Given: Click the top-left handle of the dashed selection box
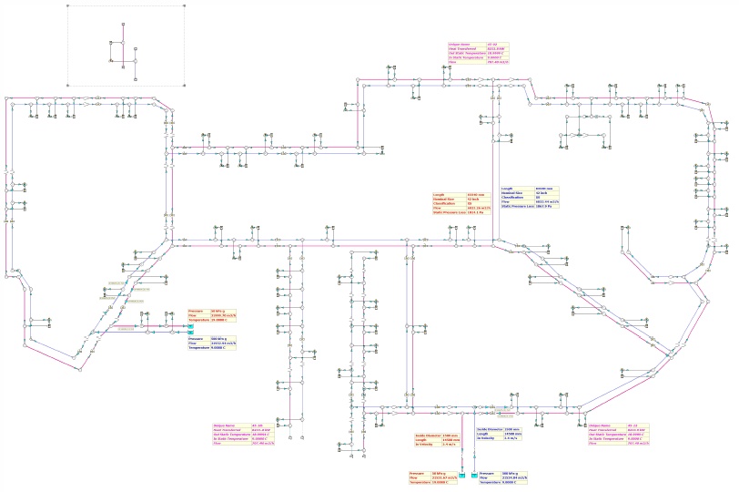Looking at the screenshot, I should pyautogui.click(x=67, y=5).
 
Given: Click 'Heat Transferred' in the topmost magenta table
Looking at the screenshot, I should pyautogui.click(x=458, y=48).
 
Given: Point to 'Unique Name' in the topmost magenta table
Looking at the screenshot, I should pyautogui.click(x=457, y=43).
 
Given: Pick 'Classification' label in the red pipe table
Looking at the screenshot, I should pyautogui.click(x=446, y=202).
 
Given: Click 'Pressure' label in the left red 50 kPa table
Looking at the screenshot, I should pyautogui.click(x=195, y=311).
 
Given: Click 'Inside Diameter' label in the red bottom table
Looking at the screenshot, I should pyautogui.click(x=428, y=436).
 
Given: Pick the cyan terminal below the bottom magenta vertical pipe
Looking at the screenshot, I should pyautogui.click(x=462, y=476).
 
